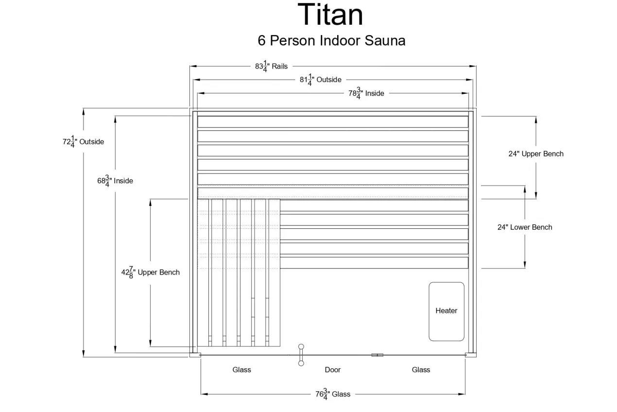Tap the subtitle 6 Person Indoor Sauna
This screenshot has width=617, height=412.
(331, 40)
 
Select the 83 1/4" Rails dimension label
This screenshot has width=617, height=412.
(271, 66)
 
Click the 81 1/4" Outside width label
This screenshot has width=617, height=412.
(320, 80)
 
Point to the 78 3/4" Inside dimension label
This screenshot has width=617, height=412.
(366, 93)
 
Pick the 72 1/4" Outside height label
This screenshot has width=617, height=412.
(83, 141)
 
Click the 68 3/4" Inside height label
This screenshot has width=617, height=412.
(115, 181)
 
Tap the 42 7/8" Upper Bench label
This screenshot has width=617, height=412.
(151, 272)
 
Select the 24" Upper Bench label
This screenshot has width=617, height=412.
(536, 154)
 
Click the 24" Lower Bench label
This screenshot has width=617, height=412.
(525, 227)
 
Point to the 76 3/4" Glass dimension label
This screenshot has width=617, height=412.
(333, 394)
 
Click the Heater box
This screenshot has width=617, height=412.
(446, 311)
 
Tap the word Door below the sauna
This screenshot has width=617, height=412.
(332, 370)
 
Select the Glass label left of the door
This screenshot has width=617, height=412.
(241, 370)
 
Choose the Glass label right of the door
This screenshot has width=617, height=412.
(421, 370)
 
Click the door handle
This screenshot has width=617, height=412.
(301, 355)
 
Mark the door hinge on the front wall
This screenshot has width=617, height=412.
(377, 355)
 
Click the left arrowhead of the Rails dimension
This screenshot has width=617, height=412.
(193, 66)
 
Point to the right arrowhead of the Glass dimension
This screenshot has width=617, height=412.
(462, 394)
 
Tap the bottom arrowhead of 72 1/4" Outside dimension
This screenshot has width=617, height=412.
(84, 354)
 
